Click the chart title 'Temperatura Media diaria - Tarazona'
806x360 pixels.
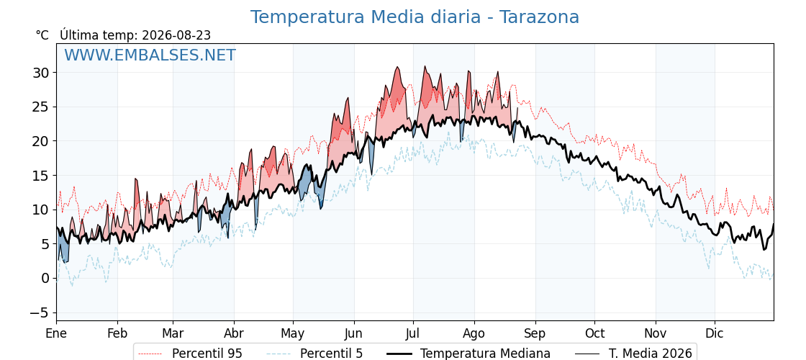[x=415, y=17]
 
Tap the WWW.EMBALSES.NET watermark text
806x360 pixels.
[x=150, y=55]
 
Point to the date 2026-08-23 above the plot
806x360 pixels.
[x=176, y=35]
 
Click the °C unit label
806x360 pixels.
[x=42, y=35]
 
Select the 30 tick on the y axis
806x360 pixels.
[x=41, y=73]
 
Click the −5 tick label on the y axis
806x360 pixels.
[x=38, y=312]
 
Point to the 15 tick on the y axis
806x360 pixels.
[x=41, y=176]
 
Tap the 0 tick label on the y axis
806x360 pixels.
[x=45, y=278]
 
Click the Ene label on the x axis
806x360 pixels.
[x=56, y=333]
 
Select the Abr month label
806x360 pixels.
[x=234, y=333]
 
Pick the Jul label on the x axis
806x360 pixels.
[x=413, y=333]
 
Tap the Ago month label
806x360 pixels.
[x=474, y=333]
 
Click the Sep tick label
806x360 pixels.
[x=535, y=333]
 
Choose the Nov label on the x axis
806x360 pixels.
[x=656, y=333]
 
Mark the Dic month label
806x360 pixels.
[x=715, y=333]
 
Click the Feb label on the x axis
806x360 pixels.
[x=117, y=333]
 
